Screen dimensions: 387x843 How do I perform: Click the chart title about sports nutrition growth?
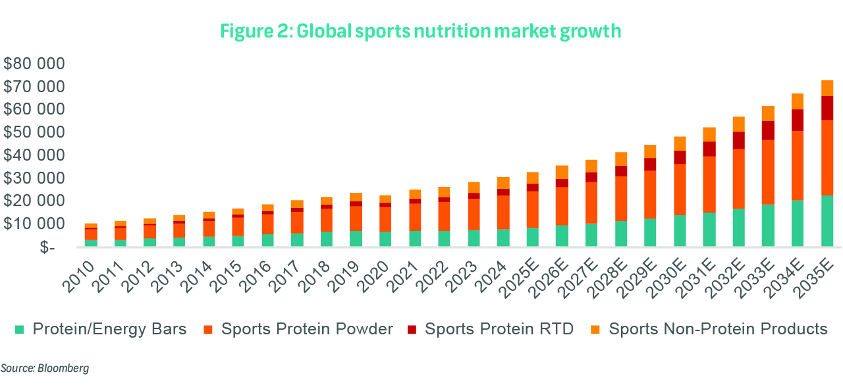pyautogui.click(x=421, y=31)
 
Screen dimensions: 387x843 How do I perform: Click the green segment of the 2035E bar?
pyautogui.click(x=827, y=221)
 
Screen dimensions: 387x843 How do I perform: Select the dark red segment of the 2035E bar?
pyautogui.click(x=827, y=108)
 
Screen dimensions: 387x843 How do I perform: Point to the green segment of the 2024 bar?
pyautogui.click(x=503, y=238)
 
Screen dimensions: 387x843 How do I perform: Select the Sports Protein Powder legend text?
pyautogui.click(x=307, y=329)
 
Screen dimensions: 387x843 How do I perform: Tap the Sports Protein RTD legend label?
pyautogui.click(x=499, y=329)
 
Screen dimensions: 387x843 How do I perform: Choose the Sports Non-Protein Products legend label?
pyautogui.click(x=717, y=329)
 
